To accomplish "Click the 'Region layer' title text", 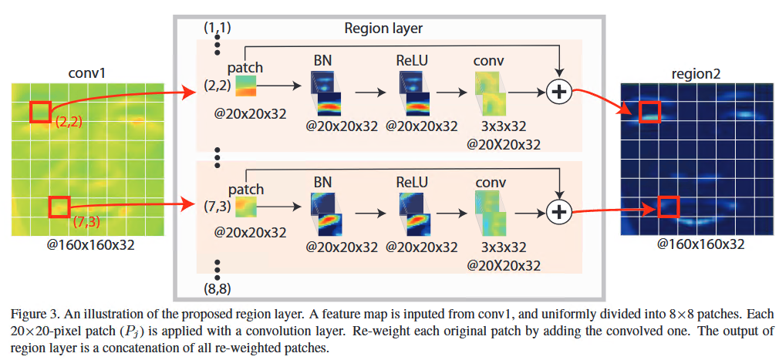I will [384, 29].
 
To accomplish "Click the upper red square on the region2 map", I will [649, 112].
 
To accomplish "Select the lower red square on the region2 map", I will [668, 207].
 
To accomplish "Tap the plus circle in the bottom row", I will [558, 210].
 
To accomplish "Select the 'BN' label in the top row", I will [323, 59].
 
